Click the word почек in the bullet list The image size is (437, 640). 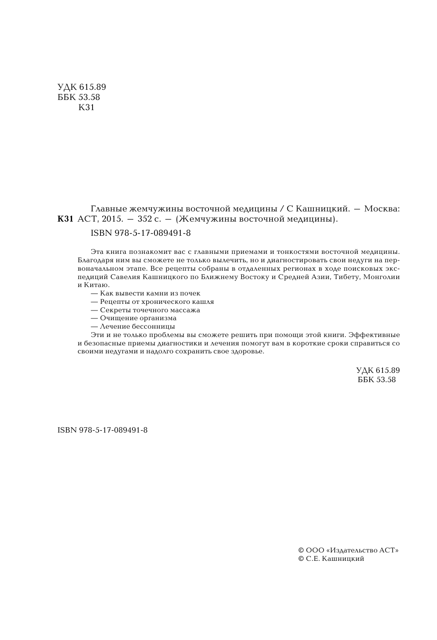[190, 293]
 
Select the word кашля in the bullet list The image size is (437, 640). [204, 302]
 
